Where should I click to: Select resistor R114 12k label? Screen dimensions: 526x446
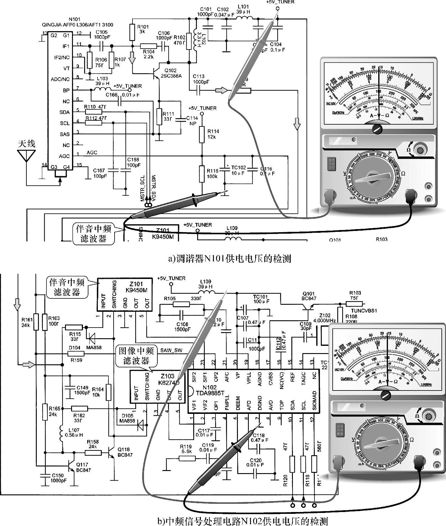pos(213,134)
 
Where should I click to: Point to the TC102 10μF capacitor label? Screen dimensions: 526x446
pos(238,170)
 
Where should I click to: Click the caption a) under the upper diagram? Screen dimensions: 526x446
pos(229,259)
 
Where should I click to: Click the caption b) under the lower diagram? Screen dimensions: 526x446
pos(242,521)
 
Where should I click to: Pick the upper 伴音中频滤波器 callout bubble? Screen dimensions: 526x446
pos(94,234)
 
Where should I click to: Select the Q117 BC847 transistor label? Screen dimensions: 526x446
pos(83,467)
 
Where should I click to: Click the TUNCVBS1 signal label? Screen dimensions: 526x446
pos(364,311)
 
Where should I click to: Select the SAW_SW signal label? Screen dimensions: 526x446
pos(171,350)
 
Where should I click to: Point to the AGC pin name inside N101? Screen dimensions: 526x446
pos(64,156)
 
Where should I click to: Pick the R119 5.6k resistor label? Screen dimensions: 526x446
pos(186,449)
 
